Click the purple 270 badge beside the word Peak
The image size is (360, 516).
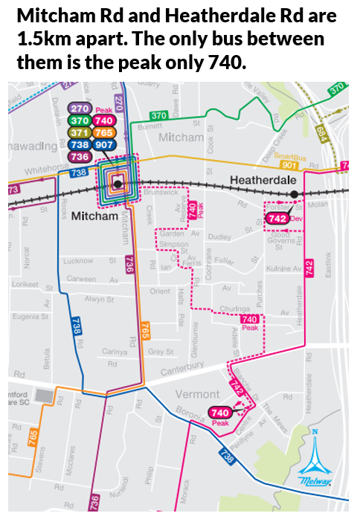[x=80, y=109]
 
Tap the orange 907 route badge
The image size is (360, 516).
[x=104, y=144]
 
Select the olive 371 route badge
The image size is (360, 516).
[x=80, y=132]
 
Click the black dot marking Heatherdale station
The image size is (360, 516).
[x=295, y=194]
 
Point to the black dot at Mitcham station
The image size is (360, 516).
[x=118, y=184]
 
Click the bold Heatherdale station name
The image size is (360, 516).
[x=263, y=180]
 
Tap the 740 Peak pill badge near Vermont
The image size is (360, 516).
[x=220, y=413]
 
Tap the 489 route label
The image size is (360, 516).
[x=322, y=133]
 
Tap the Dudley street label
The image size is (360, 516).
[x=219, y=237]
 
